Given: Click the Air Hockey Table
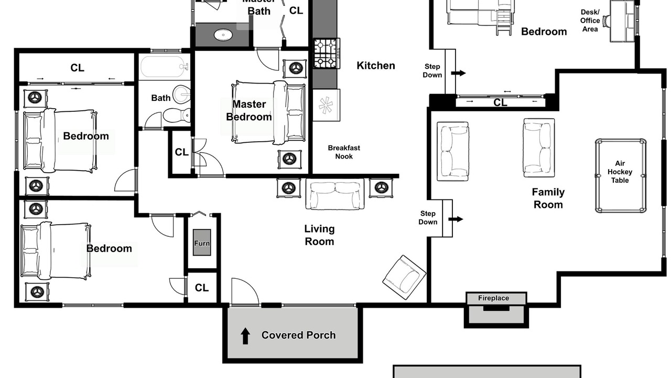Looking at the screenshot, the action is pyautogui.click(x=620, y=176).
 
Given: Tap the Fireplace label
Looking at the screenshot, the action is pyautogui.click(x=493, y=298).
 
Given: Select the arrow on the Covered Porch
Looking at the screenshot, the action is pyautogui.click(x=245, y=335).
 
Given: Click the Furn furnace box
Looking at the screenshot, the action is pyautogui.click(x=202, y=243).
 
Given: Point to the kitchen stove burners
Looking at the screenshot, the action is pyautogui.click(x=327, y=54).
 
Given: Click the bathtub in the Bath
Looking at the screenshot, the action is pyautogui.click(x=165, y=67).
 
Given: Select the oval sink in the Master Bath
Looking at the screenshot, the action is pyautogui.click(x=223, y=35).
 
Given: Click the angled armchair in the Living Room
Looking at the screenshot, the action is pyautogui.click(x=404, y=278).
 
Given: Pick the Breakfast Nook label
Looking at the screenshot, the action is pyautogui.click(x=344, y=152).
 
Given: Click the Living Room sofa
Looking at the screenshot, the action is pyautogui.click(x=335, y=194).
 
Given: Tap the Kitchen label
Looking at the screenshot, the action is pyautogui.click(x=376, y=66).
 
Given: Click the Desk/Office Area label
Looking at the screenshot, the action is pyautogui.click(x=590, y=20).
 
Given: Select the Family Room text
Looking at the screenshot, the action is pyautogui.click(x=548, y=198).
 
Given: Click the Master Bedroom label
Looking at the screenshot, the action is pyautogui.click(x=249, y=110).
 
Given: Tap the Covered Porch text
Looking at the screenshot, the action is pyautogui.click(x=298, y=335).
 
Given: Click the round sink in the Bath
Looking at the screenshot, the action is pyautogui.click(x=182, y=93).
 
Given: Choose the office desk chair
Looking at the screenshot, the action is pyautogui.click(x=607, y=20).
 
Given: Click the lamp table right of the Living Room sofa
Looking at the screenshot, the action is pyautogui.click(x=381, y=188).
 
